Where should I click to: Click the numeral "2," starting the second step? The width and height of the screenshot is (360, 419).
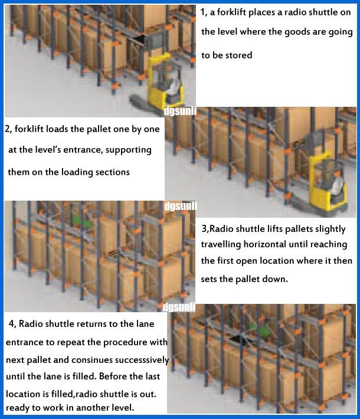click(x=8, y=129)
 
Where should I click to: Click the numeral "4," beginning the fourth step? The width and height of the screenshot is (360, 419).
click(x=12, y=324)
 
